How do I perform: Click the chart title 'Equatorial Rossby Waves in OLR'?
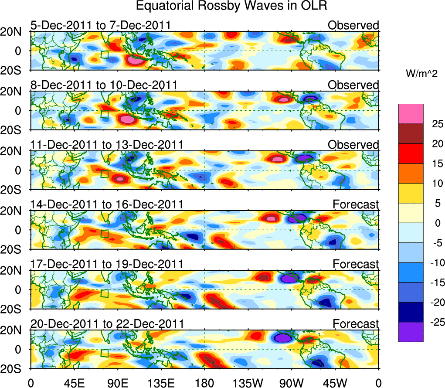click(x=231, y=6)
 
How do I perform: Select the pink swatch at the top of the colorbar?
click(x=410, y=114)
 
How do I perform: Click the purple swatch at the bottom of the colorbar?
click(x=410, y=332)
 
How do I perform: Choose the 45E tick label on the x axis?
click(x=74, y=382)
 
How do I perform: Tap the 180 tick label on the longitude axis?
click(x=204, y=382)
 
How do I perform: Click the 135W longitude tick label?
click(x=248, y=382)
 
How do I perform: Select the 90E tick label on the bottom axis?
click(x=117, y=382)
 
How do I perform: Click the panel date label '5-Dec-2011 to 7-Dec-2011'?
click(x=100, y=25)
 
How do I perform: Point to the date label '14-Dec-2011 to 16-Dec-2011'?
click(x=107, y=204)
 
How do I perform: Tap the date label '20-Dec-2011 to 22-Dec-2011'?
click(x=107, y=323)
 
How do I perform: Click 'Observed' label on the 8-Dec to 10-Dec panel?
click(x=353, y=85)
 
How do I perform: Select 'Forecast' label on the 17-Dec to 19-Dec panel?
click(x=356, y=264)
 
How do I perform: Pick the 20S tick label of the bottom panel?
click(x=13, y=369)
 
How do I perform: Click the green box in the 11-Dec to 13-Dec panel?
click(x=104, y=174)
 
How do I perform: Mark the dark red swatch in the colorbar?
click(x=410, y=133)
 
